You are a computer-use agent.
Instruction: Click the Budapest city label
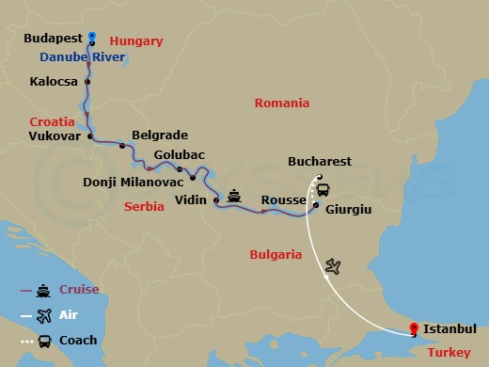click(53, 40)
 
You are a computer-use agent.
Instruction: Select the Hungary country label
click(136, 41)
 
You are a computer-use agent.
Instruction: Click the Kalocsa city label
click(54, 82)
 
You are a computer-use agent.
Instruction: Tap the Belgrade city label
click(160, 135)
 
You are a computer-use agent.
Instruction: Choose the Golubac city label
click(179, 154)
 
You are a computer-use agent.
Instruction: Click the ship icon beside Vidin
click(233, 197)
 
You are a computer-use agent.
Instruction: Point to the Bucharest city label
click(319, 162)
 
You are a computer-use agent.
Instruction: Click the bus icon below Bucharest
click(323, 188)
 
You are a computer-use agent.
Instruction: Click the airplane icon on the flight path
click(332, 267)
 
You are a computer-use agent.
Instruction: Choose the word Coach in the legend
click(78, 340)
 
